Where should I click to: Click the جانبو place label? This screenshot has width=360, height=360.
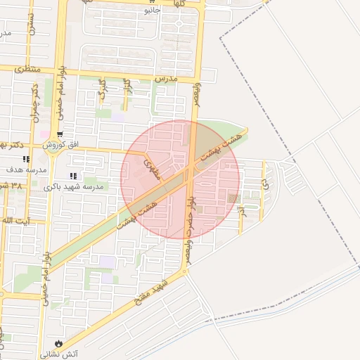coord(152,11)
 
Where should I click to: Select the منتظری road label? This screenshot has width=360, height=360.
coord(27,69)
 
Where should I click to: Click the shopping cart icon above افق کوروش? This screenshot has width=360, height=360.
coord(61,134)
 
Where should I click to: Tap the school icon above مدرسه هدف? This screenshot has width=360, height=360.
coord(26,160)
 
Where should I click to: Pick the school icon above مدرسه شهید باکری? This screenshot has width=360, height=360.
coord(73,176)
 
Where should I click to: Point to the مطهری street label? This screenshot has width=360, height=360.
coord(151,169)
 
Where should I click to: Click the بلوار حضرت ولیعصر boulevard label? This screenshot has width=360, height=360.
coord(188,225)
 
